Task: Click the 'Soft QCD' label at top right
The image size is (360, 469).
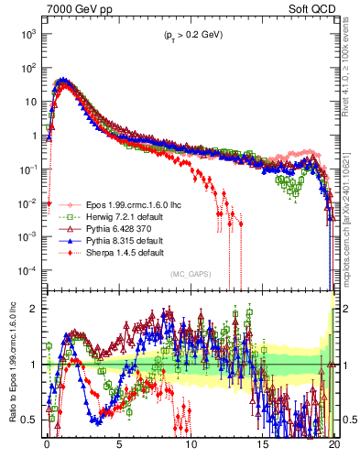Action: tap(311, 7)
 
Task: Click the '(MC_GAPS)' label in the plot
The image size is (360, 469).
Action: tap(189, 274)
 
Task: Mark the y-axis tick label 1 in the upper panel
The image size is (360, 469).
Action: tap(33, 136)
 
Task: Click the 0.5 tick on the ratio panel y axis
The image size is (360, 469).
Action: tap(29, 420)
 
